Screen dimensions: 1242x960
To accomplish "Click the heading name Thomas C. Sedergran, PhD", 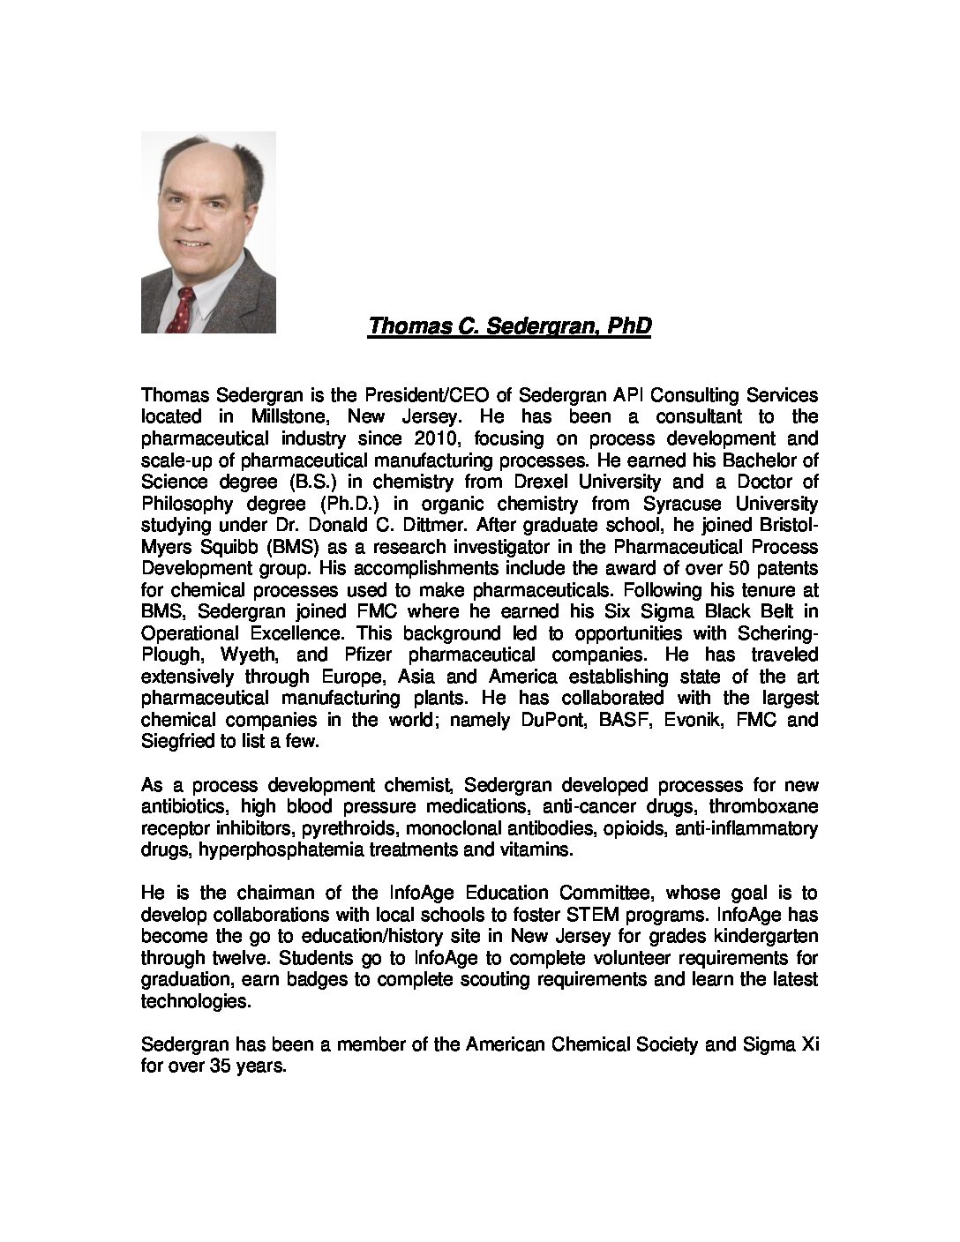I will pos(509,326).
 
